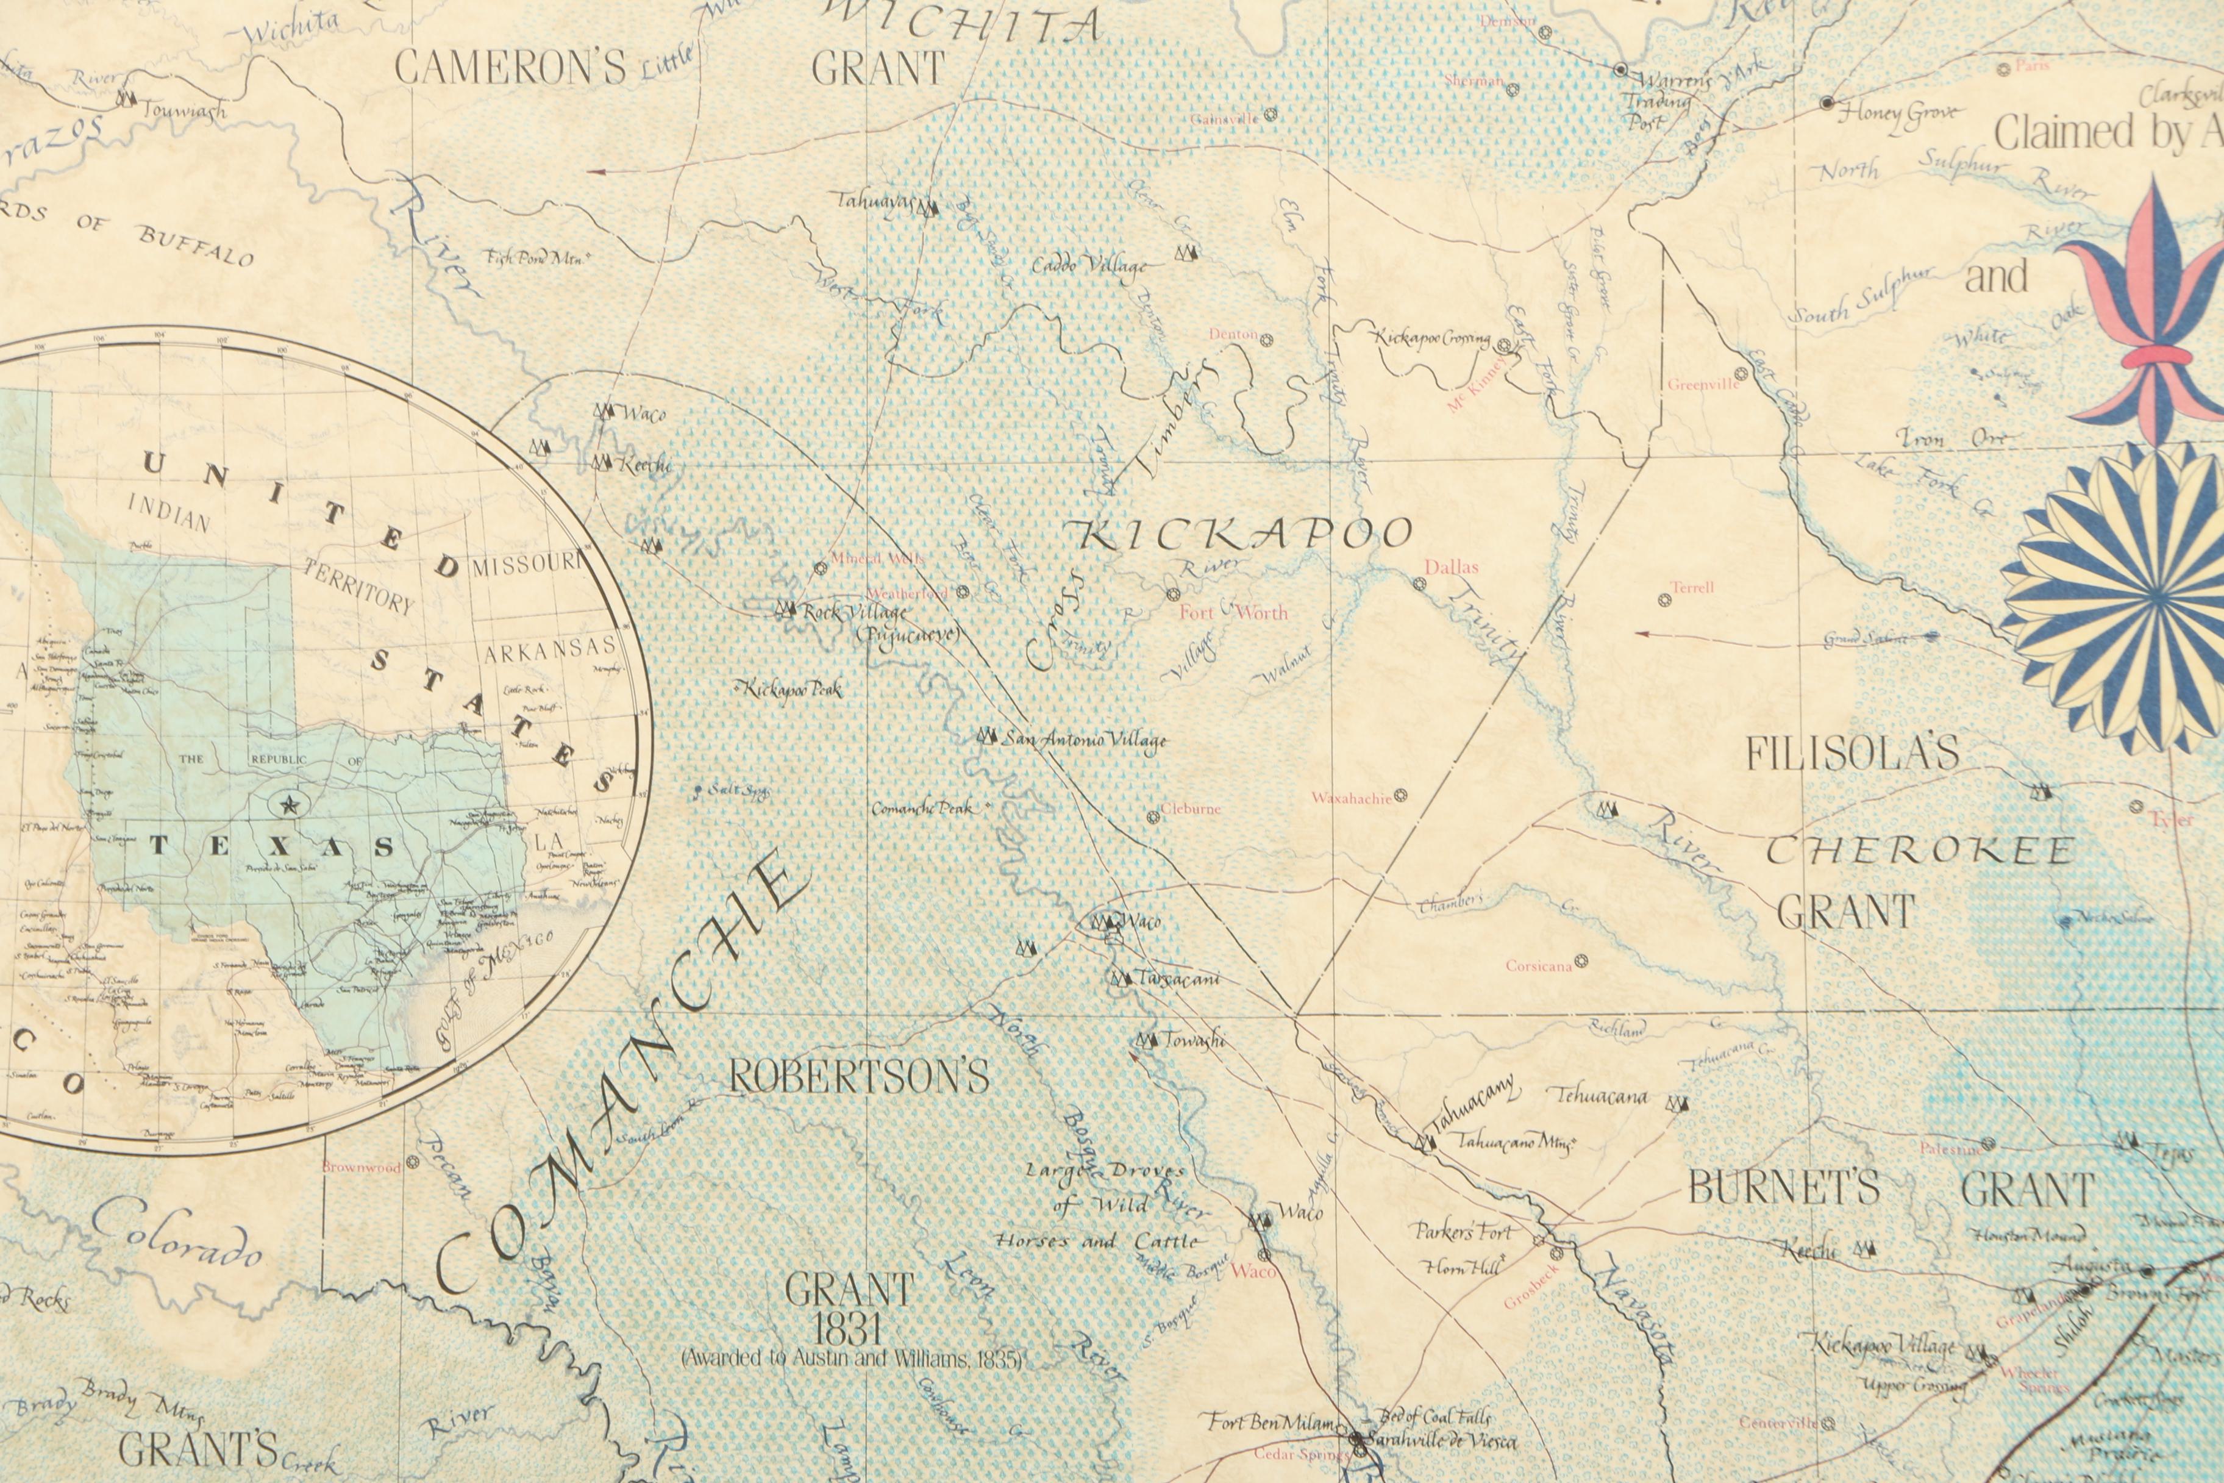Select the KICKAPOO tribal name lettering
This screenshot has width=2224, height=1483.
click(x=1244, y=535)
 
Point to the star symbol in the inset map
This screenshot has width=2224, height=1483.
click(x=290, y=805)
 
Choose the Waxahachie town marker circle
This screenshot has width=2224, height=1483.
click(x=1400, y=795)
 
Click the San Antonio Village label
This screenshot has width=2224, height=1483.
click(x=1083, y=740)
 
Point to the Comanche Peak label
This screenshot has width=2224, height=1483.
click(x=921, y=809)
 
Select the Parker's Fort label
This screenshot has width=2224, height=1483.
click(x=1463, y=1231)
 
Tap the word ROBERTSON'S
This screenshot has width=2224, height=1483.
click(x=858, y=1076)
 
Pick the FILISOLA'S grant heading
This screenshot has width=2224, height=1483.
click(x=1852, y=753)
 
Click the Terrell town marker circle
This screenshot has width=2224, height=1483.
click(x=1664, y=599)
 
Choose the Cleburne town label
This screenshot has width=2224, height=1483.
click(x=1191, y=810)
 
